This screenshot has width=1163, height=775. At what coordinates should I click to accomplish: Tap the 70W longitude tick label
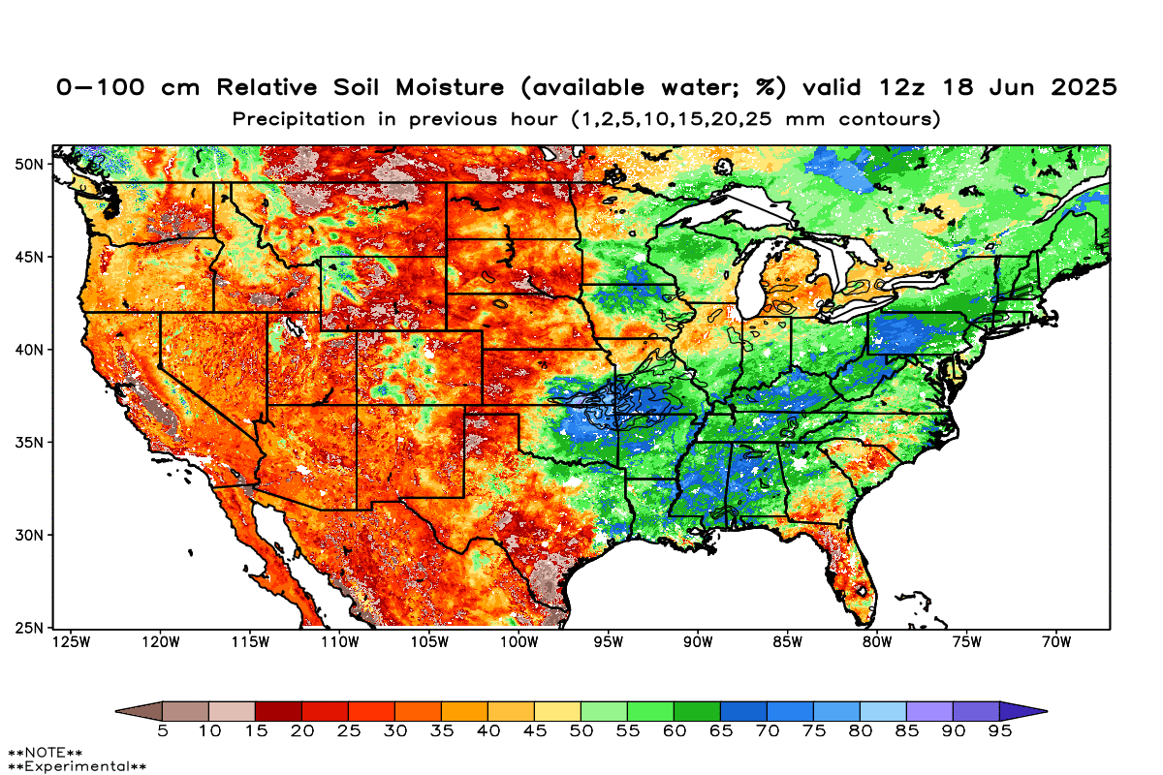(1055, 641)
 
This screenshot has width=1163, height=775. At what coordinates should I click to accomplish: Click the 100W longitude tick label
(519, 641)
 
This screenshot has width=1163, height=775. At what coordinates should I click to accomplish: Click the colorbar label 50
(581, 731)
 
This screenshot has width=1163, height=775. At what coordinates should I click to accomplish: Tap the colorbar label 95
(999, 731)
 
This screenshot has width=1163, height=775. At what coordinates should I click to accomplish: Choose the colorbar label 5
(163, 731)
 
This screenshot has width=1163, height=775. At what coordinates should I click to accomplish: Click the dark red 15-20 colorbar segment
(278, 711)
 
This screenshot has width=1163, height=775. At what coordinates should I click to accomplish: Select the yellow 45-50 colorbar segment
(557, 711)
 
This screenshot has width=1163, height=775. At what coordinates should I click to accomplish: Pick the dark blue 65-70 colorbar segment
(743, 711)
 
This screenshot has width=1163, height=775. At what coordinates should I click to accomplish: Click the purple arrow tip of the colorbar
(1027, 711)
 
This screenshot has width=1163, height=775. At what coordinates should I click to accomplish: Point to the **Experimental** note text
(77, 766)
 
